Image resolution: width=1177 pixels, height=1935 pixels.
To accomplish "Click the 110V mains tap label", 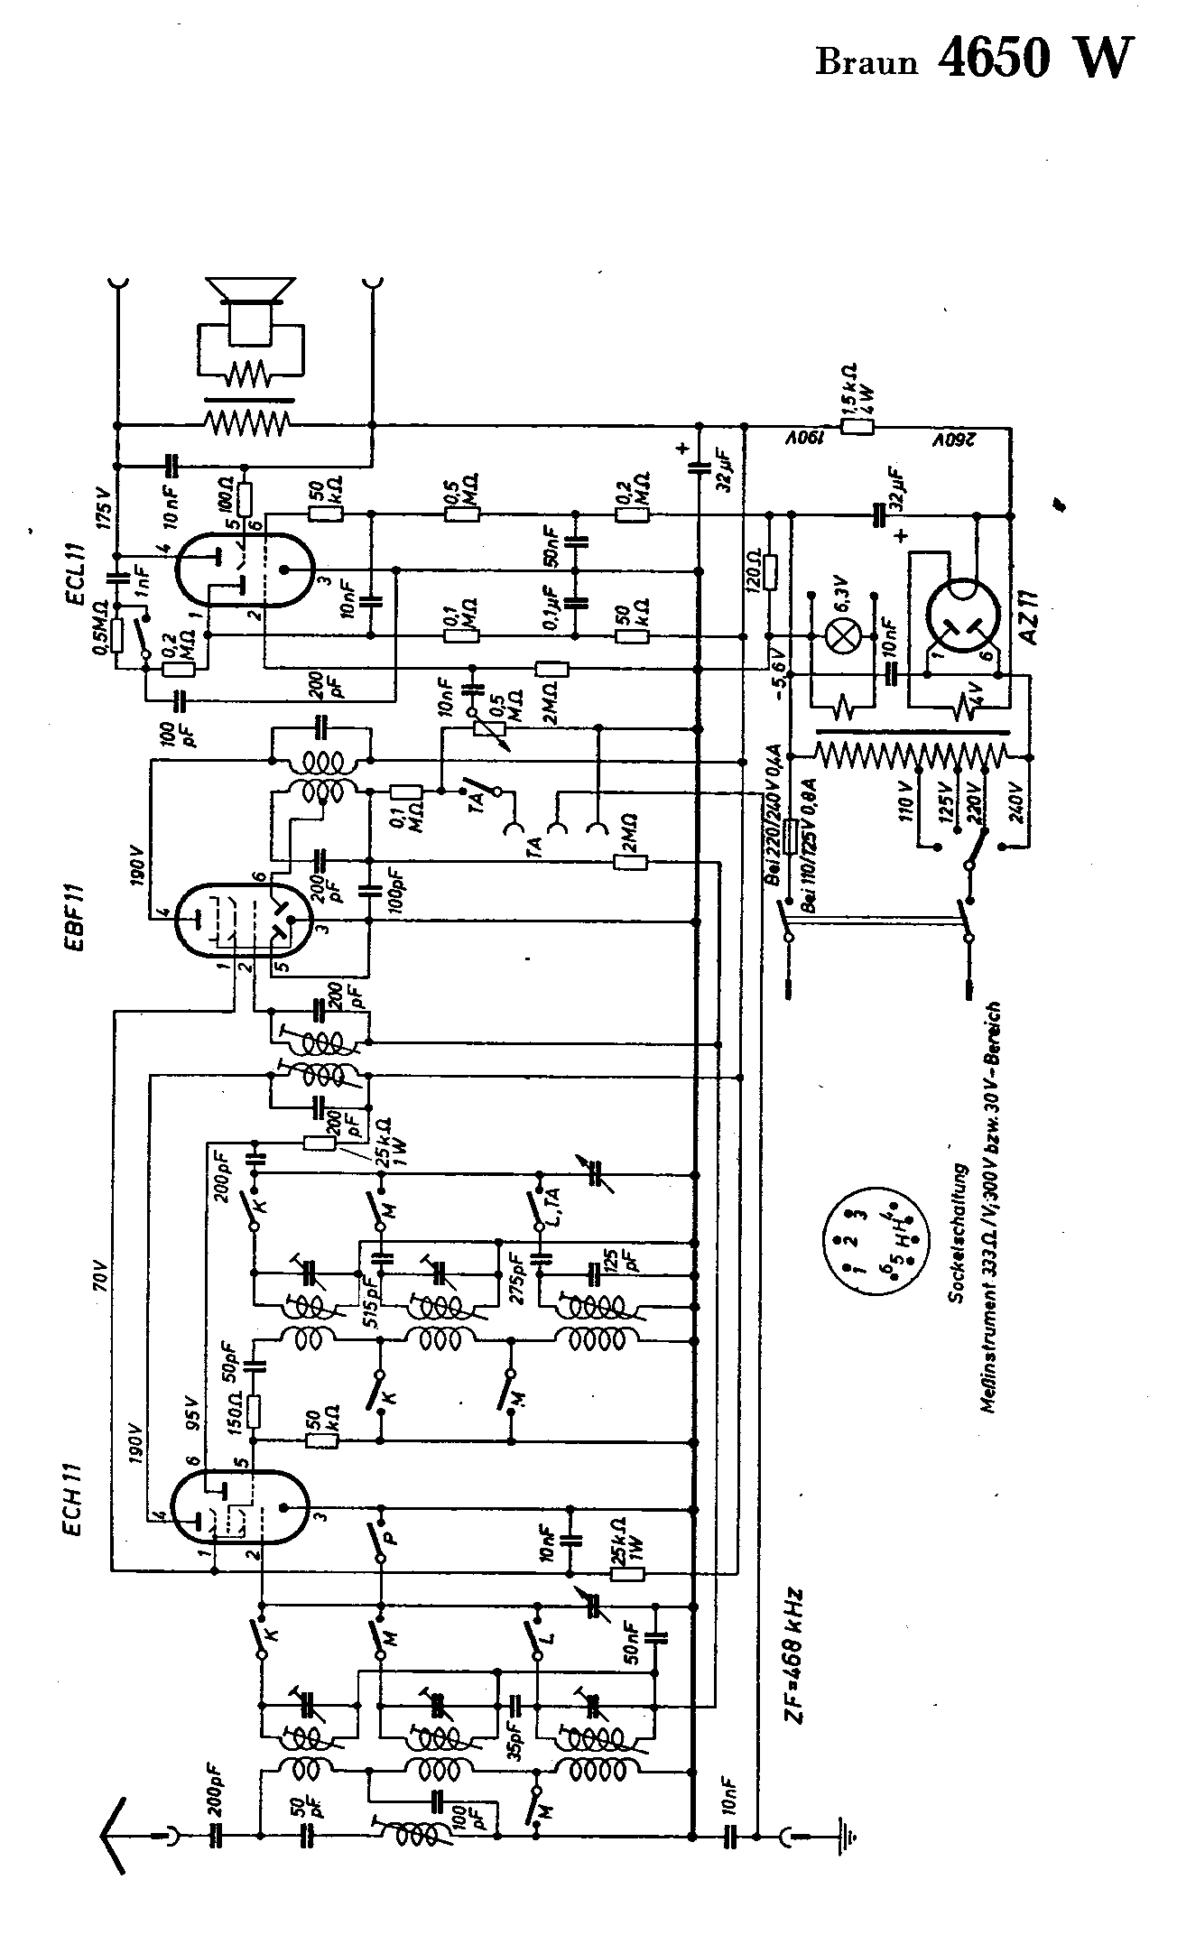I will tap(912, 794).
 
